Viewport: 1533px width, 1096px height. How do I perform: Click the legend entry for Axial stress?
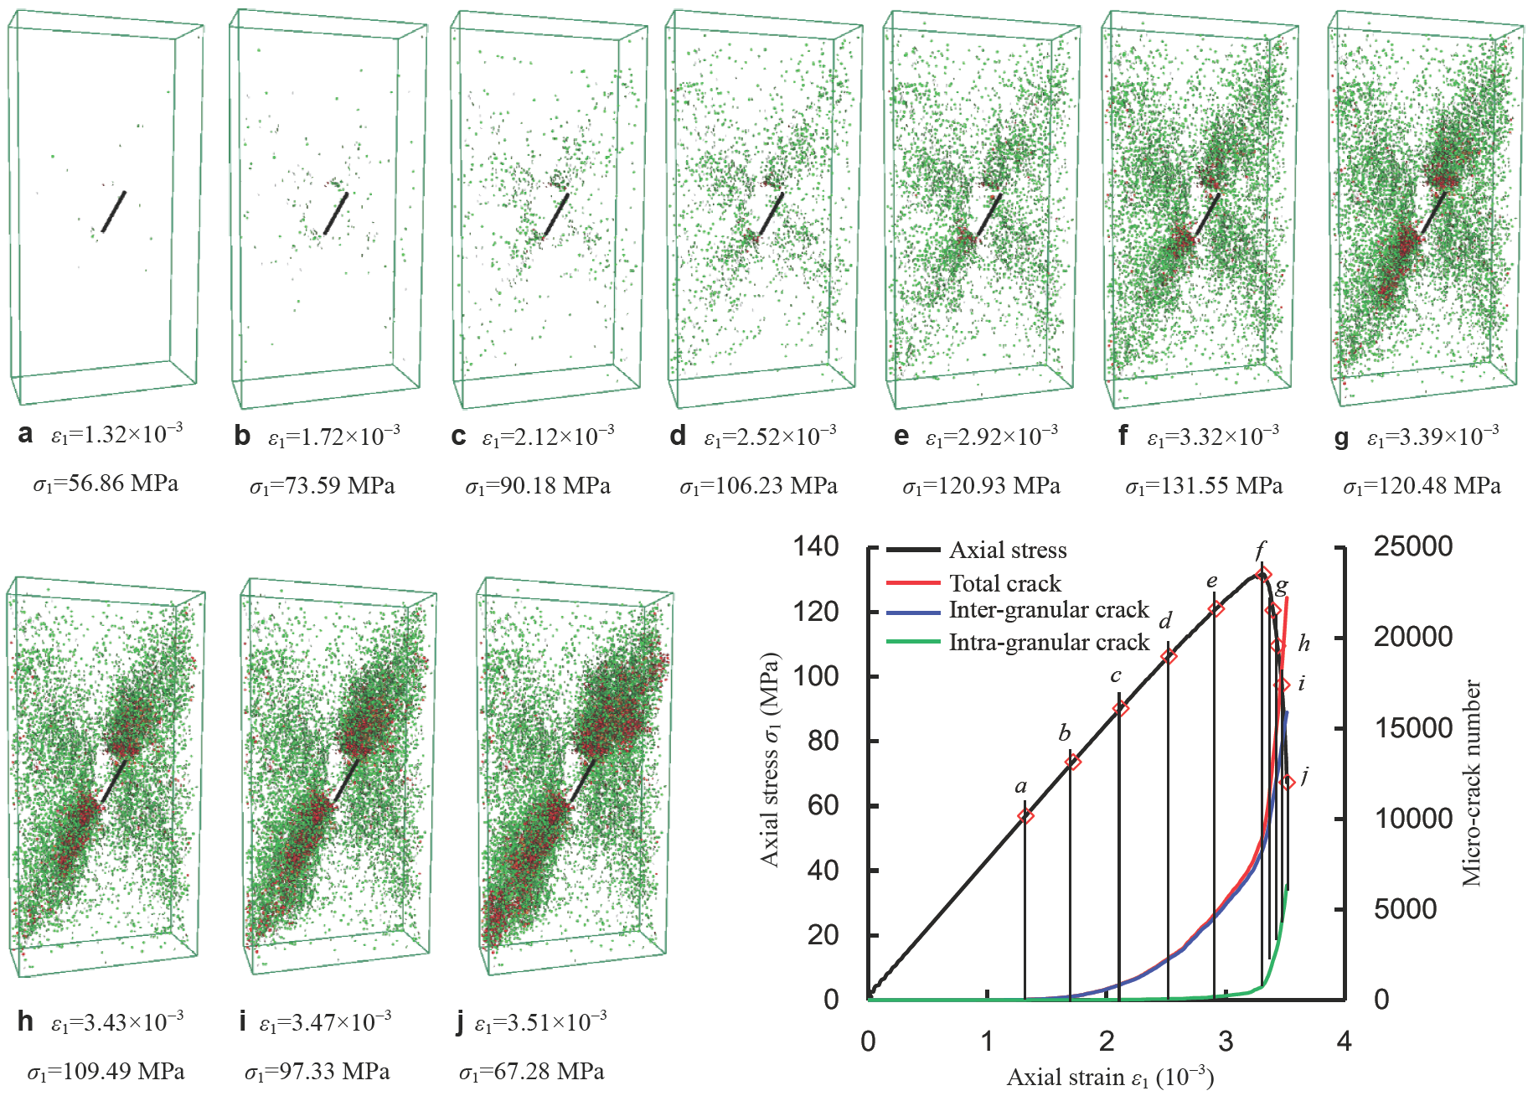tap(1007, 551)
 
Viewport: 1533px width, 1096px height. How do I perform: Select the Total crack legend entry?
tap(1004, 583)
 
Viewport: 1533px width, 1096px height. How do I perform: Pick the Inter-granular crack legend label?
tap(1048, 610)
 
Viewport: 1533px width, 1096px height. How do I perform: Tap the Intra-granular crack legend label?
tap(1048, 643)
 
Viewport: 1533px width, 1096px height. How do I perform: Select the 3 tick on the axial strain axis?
tap(1226, 1042)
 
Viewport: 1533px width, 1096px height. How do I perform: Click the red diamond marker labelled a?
tap(1025, 816)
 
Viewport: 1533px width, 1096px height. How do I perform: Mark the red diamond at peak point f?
tap(1264, 574)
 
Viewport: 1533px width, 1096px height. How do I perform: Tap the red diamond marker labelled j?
tap(1288, 782)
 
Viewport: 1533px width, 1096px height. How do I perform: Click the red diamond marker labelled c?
tap(1121, 709)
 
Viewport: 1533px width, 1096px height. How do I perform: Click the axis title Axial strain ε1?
tap(1109, 1078)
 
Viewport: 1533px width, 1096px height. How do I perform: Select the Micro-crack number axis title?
tap(1471, 783)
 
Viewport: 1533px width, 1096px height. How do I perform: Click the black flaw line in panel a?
tap(113, 212)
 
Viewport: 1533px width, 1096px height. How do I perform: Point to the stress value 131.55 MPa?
tap(1204, 486)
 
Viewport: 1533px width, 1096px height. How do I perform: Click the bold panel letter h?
tap(25, 1021)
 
